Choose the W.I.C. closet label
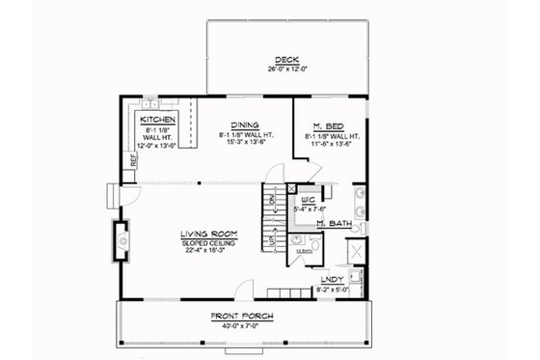click(308, 198)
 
